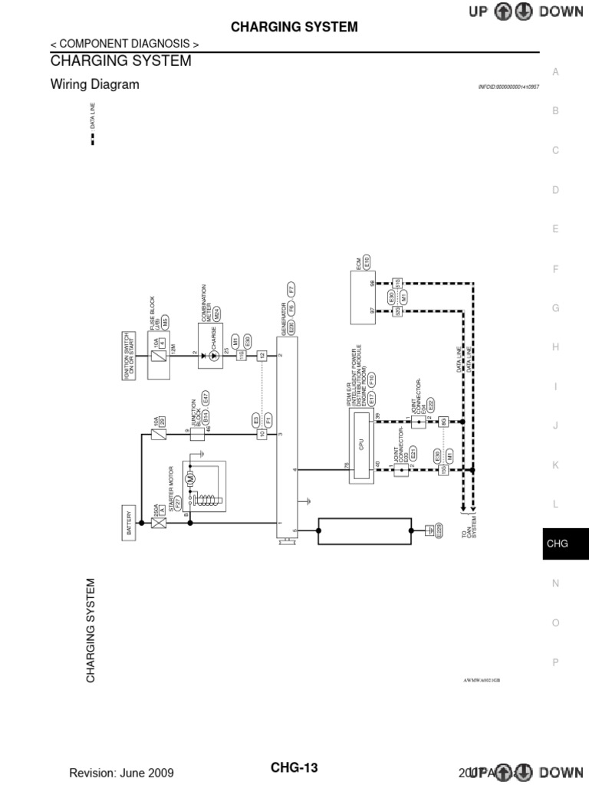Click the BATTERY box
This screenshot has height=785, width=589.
pos(130,524)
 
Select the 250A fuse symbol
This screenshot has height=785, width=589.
pos(160,524)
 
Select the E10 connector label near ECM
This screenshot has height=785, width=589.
pos(367,261)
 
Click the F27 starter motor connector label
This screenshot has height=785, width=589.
pos(177,504)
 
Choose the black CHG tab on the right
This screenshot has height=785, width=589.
pos(557,544)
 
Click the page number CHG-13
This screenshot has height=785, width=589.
pos(294,768)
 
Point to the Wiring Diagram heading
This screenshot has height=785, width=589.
pos(94,85)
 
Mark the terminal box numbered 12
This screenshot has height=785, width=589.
pos(262,356)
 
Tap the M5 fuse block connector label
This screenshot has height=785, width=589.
pos(165,322)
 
